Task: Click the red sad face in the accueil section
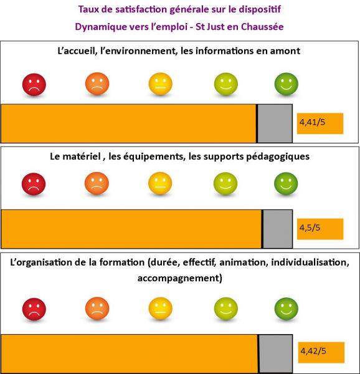pos(34,84)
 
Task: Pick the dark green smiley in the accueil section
pos(287,84)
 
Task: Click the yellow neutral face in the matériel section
pos(160,183)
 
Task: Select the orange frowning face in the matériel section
pos(97,183)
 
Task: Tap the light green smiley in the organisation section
pos(226,309)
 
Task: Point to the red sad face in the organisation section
pos(34,309)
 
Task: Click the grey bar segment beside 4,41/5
pos(275,123)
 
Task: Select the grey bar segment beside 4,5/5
pos(278,229)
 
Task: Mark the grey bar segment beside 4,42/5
pos(276,354)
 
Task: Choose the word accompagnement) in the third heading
pos(180,279)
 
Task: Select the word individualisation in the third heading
pos(310,262)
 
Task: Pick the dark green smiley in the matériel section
pos(286,183)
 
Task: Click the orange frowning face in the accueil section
pos(97,84)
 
